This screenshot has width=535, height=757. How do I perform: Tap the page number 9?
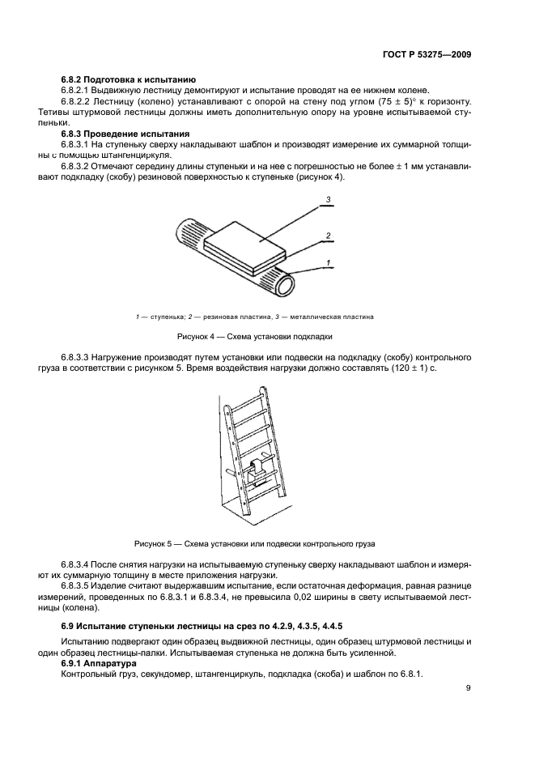(469, 689)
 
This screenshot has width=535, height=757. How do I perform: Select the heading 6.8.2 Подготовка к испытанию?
(128, 79)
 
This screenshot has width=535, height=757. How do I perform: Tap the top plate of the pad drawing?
(247, 238)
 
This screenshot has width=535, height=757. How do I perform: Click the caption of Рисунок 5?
(254, 542)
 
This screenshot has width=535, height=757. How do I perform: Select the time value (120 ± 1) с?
(410, 368)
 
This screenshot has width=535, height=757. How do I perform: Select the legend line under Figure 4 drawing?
(254, 316)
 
